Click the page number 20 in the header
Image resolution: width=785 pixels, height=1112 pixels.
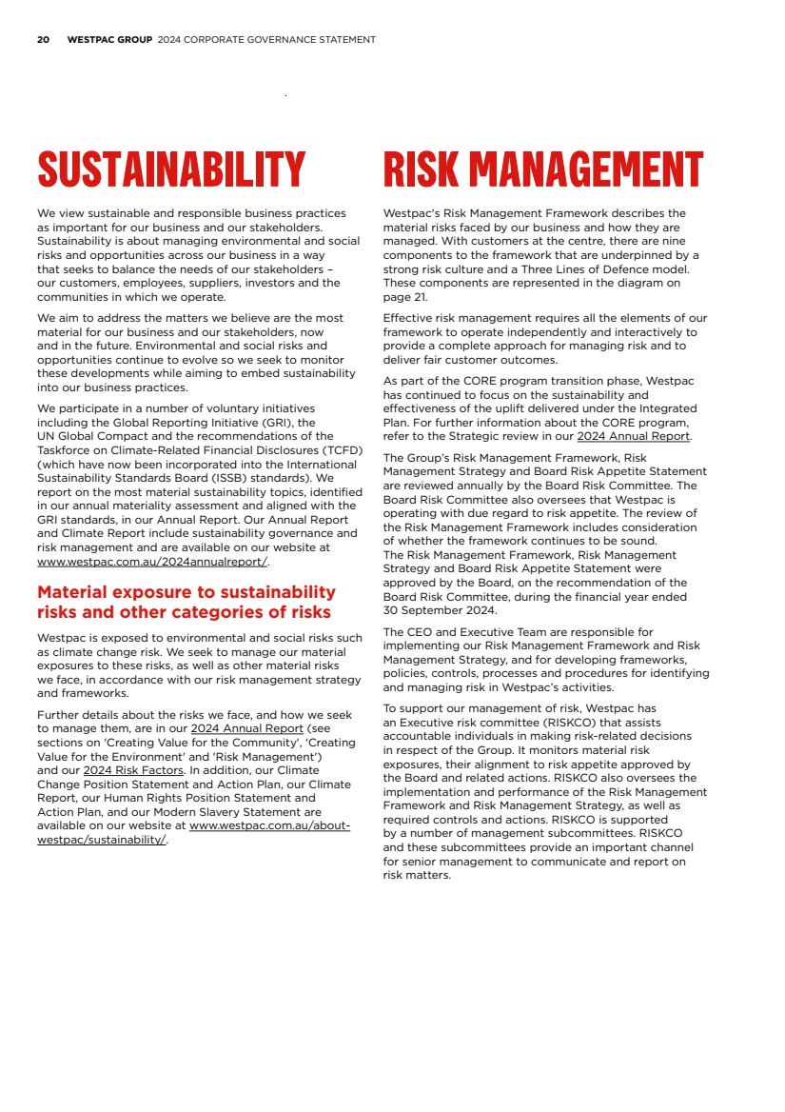click(x=43, y=40)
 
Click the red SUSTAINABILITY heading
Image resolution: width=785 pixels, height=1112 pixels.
click(x=171, y=170)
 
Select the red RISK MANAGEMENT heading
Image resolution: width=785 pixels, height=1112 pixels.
click(x=542, y=170)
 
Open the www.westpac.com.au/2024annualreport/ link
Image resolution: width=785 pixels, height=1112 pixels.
click(x=152, y=562)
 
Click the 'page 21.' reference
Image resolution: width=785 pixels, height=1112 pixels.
click(x=405, y=297)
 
